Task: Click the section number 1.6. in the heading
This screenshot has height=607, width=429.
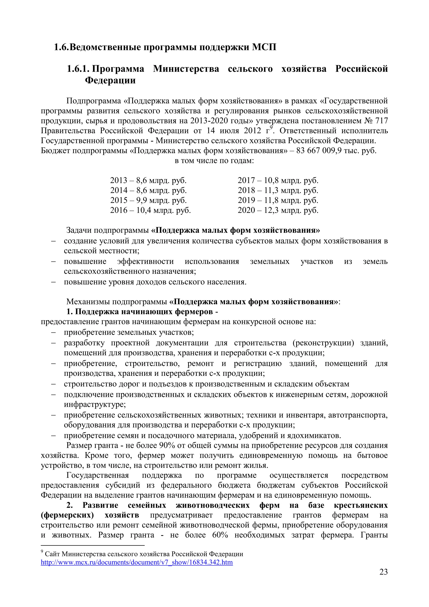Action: click(x=61, y=47)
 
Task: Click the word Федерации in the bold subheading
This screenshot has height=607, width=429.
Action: click(x=110, y=80)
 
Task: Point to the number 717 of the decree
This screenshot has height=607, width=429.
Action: click(x=381, y=121)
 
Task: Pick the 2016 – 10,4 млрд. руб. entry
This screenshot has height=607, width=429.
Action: click(x=150, y=210)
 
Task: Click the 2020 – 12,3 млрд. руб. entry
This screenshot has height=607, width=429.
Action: click(x=278, y=210)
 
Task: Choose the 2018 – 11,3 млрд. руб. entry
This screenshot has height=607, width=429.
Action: click(x=278, y=190)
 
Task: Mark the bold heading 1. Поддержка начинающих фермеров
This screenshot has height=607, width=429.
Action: click(x=142, y=312)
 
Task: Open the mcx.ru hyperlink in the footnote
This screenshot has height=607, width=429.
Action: click(x=137, y=562)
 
